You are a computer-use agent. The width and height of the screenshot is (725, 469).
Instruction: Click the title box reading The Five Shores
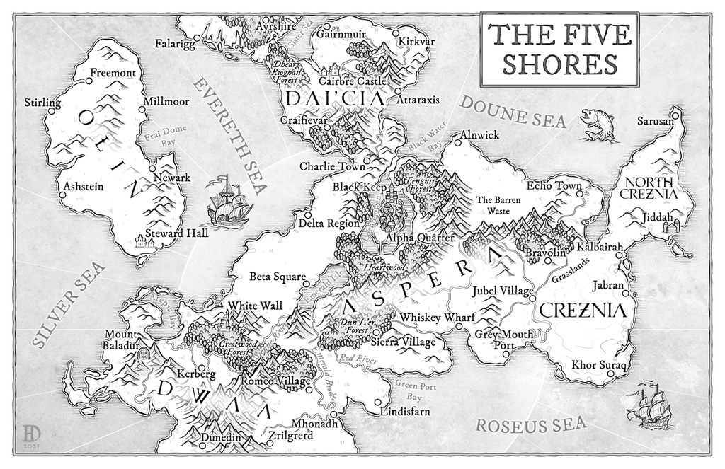point(559,47)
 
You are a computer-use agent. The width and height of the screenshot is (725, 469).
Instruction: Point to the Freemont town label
point(113,73)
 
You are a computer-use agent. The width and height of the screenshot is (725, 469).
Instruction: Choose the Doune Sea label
point(513,112)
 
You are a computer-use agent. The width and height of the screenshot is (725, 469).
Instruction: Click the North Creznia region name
point(649,187)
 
